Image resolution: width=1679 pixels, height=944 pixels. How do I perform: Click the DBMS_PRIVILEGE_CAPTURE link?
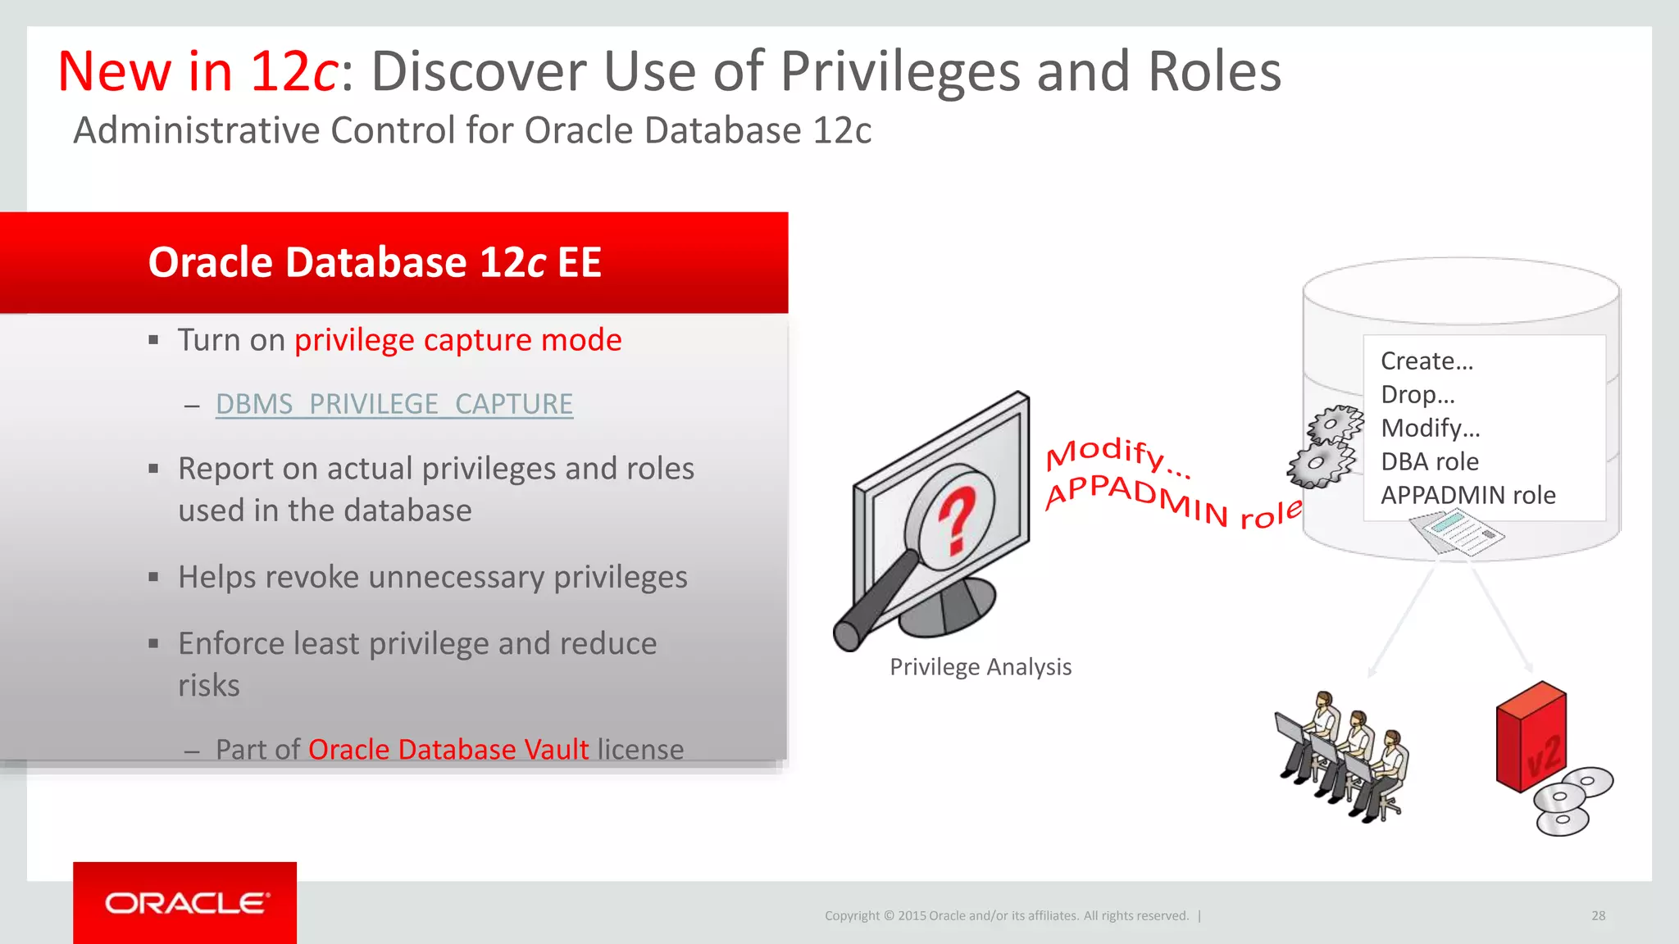(x=394, y=404)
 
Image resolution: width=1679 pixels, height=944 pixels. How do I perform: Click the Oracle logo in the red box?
(x=185, y=903)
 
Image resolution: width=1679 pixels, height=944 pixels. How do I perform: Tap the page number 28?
(x=1598, y=915)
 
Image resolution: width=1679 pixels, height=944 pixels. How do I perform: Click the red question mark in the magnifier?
(x=957, y=520)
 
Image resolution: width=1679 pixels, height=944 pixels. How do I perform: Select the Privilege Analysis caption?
(x=981, y=667)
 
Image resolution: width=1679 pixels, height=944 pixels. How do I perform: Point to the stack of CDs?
(x=1570, y=801)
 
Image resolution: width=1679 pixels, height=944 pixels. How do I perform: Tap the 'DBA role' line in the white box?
(x=1430, y=461)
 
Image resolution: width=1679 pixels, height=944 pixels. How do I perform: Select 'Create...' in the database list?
(x=1426, y=361)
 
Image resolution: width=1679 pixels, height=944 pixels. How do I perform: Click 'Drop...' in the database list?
(x=1417, y=394)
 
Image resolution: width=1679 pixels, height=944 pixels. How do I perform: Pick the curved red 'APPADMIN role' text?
(x=1172, y=502)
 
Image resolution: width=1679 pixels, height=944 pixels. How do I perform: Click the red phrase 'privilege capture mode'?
(x=457, y=340)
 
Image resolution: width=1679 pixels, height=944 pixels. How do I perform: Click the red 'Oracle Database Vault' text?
(x=448, y=749)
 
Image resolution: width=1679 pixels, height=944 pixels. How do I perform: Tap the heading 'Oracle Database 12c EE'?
(x=375, y=262)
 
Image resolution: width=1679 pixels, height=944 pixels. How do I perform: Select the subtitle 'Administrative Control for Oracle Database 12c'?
(x=472, y=130)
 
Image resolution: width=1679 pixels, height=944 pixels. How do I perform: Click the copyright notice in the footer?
(x=1006, y=915)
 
